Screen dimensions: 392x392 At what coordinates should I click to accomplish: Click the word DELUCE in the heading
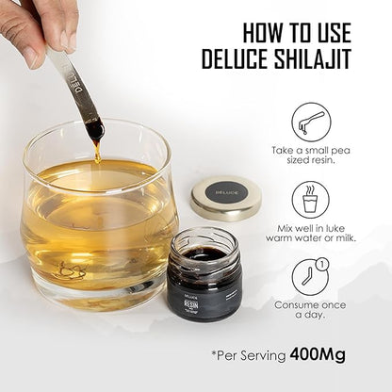click(237, 60)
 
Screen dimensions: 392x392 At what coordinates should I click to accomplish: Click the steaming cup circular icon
click(310, 200)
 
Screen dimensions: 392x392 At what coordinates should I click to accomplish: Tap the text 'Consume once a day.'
click(310, 311)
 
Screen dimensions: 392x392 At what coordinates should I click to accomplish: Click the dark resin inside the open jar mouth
click(204, 253)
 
